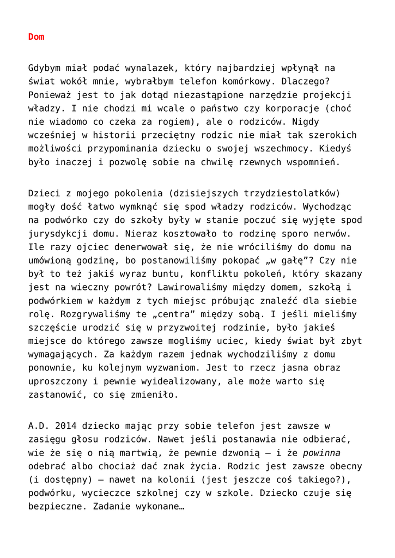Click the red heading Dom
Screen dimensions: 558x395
coord(36,37)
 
